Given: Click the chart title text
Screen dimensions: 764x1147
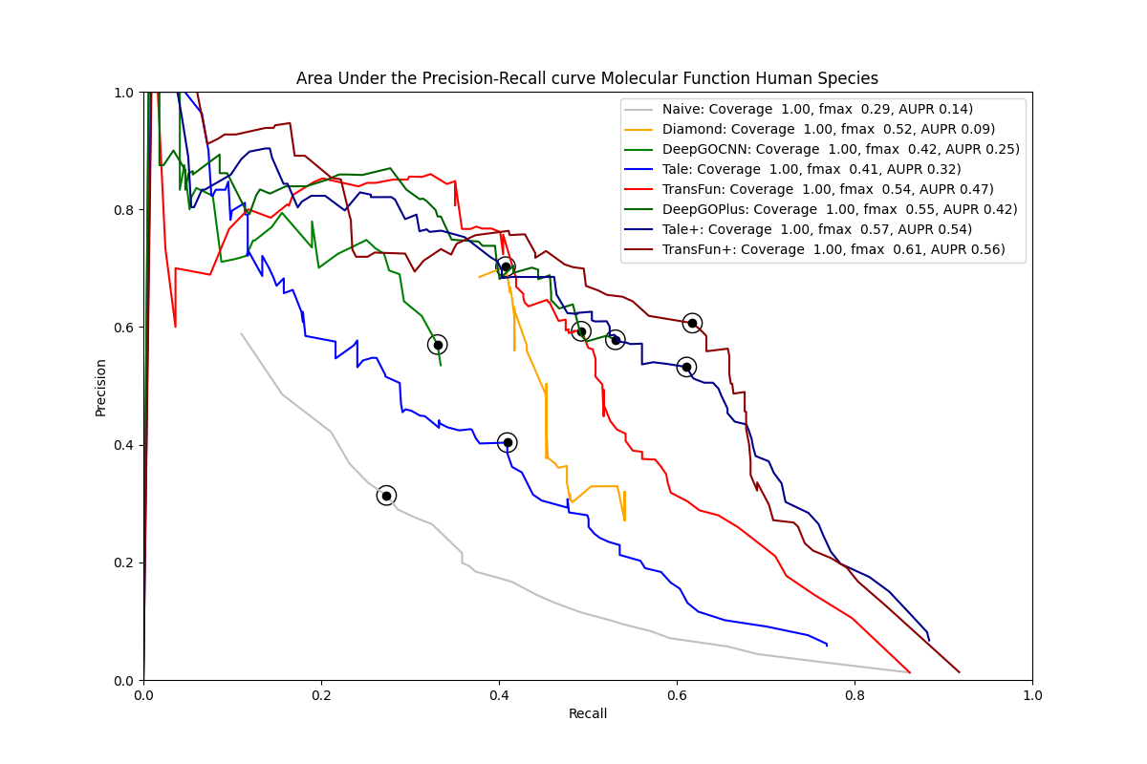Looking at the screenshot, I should (x=587, y=78).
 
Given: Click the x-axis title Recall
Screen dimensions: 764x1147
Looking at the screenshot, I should (x=588, y=713).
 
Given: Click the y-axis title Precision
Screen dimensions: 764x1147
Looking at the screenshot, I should (x=100, y=387).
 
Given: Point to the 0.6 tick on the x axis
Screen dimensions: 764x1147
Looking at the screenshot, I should (x=677, y=694).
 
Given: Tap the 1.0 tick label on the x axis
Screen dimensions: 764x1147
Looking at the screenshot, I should (x=1032, y=694).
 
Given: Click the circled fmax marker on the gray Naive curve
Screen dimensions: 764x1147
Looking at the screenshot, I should (x=386, y=496).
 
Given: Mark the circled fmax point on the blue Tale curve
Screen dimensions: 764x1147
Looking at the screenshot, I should (x=508, y=442).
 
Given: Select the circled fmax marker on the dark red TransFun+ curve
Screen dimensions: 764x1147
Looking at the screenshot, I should (x=692, y=323).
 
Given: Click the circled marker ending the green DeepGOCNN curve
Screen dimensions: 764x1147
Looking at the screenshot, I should (x=438, y=345).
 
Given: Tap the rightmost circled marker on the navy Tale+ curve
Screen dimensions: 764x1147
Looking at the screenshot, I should (x=686, y=367).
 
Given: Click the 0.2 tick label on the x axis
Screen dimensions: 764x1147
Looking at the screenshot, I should (x=321, y=694).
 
